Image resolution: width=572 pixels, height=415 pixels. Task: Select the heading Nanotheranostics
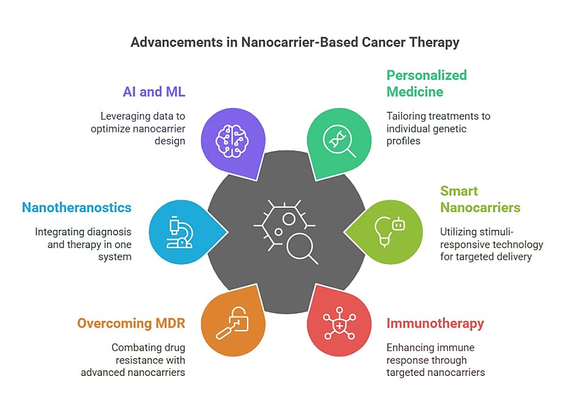tap(76, 207)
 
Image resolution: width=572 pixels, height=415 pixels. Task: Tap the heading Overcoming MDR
tap(131, 323)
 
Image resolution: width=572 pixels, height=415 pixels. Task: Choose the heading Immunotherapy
tap(435, 323)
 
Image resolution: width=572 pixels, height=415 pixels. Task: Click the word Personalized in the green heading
tap(427, 75)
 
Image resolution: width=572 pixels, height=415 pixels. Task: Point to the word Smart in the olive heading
tap(459, 191)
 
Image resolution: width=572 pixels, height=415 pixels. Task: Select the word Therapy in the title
tap(436, 43)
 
